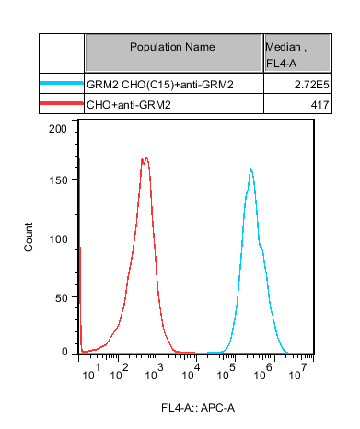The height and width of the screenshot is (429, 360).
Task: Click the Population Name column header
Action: coord(172,47)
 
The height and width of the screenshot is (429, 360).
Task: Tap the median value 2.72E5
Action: coord(312,85)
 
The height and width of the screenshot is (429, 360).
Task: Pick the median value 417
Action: coord(319,105)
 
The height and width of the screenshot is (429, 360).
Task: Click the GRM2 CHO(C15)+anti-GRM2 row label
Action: coord(160,85)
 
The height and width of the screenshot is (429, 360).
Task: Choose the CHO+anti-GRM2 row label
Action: coord(129,105)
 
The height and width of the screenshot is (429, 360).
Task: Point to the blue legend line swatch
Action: coord(62,83)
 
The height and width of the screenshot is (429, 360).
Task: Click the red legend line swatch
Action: coord(62,103)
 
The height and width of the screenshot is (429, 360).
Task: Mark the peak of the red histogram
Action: coord(146,157)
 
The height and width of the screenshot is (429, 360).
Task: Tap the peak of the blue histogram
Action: coord(251,169)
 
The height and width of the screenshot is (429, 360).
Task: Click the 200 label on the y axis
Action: coord(58,129)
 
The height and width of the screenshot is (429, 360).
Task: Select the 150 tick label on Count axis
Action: coord(58,180)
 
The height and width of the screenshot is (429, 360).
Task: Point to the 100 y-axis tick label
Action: coord(58,238)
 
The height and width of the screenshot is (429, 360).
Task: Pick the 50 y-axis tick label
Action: coord(62,297)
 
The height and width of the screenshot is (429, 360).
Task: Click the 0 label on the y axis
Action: coord(64,352)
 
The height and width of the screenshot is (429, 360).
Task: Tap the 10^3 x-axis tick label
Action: coord(154,372)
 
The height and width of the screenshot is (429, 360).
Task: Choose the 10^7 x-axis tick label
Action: coord(297,372)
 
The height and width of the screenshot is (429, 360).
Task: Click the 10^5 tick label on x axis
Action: coord(226,372)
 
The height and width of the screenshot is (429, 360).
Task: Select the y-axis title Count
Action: coord(29,238)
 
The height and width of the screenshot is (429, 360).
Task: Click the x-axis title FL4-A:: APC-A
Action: coord(198,408)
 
